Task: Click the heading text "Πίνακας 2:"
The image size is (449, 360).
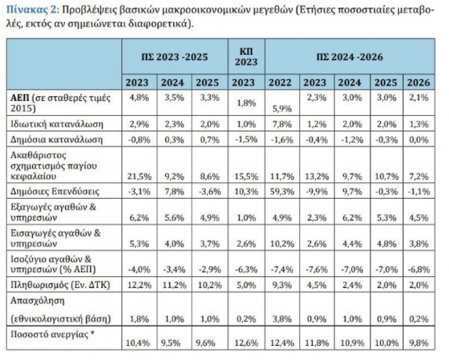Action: pyautogui.click(x=32, y=10)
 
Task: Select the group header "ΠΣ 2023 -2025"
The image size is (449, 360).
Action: pyautogui.click(x=174, y=57)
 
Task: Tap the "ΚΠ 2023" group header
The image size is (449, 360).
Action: pyautogui.click(x=246, y=57)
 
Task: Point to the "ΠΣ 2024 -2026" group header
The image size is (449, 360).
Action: pyautogui.click(x=349, y=57)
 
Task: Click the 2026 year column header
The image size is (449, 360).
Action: pyautogui.click(x=419, y=83)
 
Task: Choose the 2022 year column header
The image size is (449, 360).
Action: pyautogui.click(x=280, y=83)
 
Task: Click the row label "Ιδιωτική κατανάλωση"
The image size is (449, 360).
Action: pyautogui.click(x=57, y=124)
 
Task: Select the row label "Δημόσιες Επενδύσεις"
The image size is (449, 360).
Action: pyautogui.click(x=55, y=191)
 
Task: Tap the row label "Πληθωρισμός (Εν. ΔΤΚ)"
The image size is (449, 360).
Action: pyautogui.click(x=60, y=285)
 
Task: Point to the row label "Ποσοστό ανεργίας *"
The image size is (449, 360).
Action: pyautogui.click(x=53, y=334)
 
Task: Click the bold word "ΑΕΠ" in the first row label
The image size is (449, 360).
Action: pyautogui.click(x=19, y=98)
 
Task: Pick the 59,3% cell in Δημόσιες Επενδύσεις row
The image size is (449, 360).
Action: pyautogui.click(x=282, y=191)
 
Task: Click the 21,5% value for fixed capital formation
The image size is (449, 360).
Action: pyautogui.click(x=139, y=176)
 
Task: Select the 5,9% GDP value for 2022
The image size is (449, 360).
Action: pyautogui.click(x=282, y=109)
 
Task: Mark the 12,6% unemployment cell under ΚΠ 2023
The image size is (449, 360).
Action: pyautogui.click(x=246, y=342)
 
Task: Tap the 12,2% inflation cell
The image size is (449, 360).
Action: pyautogui.click(x=139, y=285)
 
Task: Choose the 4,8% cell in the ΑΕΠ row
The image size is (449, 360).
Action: pyautogui.click(x=139, y=98)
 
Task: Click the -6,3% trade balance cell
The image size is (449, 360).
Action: pyautogui.click(x=246, y=269)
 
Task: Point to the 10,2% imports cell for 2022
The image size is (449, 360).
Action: pyautogui.click(x=282, y=244)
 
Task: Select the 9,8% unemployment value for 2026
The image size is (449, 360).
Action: pyautogui.click(x=419, y=342)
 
